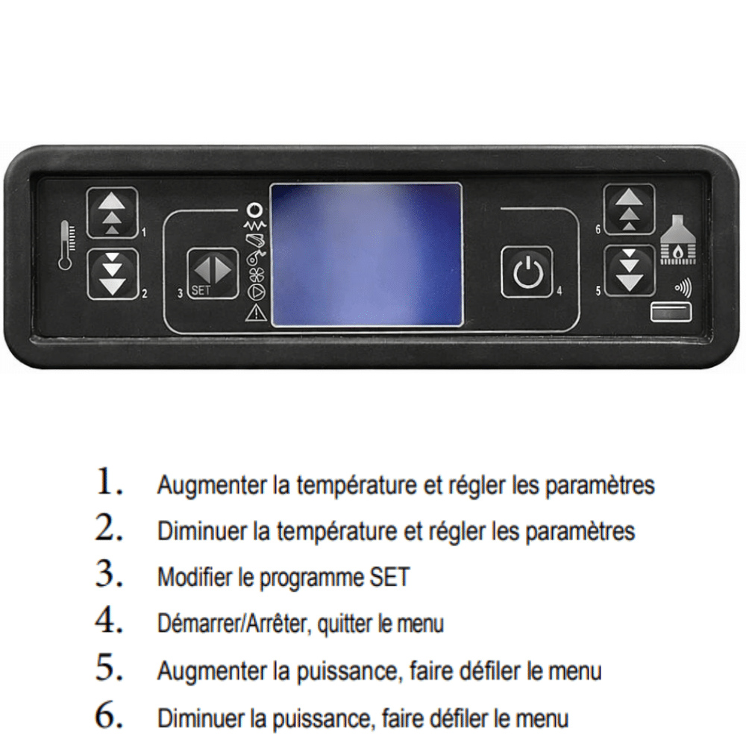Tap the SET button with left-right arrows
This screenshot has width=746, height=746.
point(213,274)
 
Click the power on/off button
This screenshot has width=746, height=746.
point(527,272)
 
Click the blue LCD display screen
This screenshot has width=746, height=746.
point(366,254)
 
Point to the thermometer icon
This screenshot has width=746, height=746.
point(66,245)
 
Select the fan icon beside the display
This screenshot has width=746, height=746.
point(256,275)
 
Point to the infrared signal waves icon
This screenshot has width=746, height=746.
point(683,288)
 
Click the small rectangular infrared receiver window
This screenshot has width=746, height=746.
point(671,313)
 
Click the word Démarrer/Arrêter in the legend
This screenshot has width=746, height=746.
point(234,624)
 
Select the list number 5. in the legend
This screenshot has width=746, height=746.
point(109,668)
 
